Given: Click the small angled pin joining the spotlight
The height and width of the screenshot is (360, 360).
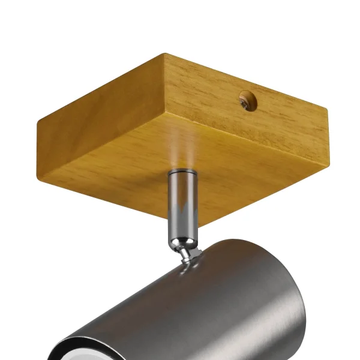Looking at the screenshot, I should tap(190, 256).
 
